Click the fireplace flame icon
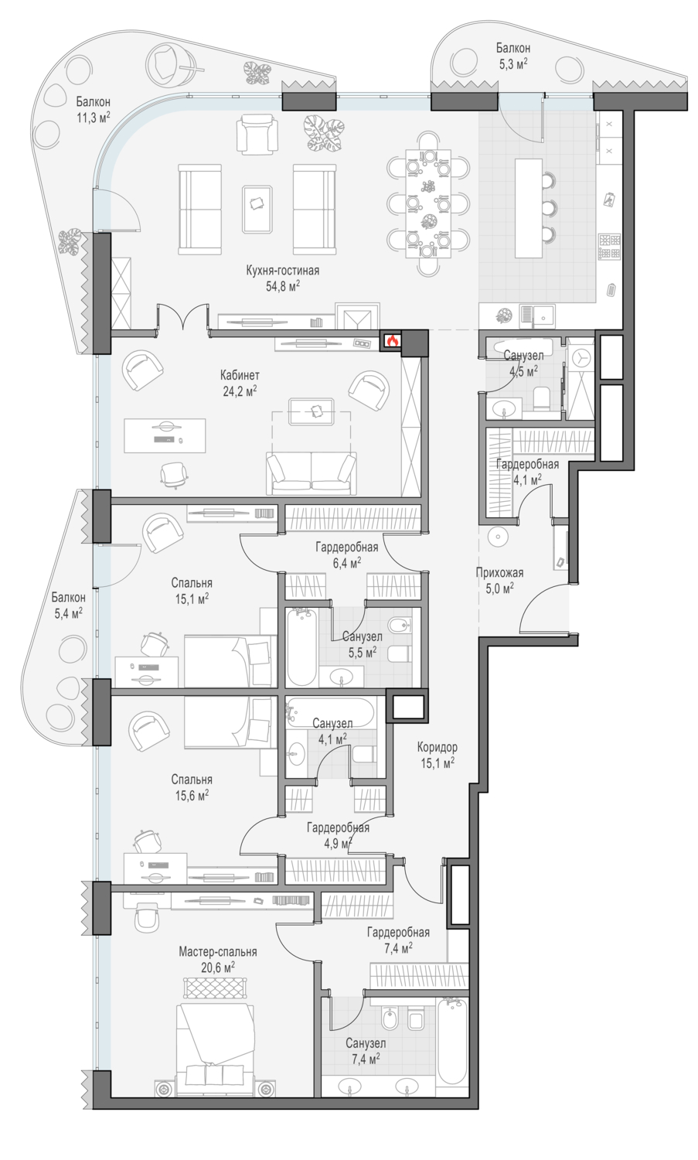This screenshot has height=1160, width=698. pos(392,340)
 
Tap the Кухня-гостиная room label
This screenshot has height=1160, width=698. pos(282,271)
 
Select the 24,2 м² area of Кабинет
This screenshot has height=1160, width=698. pos(240,391)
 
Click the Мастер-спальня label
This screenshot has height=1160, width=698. pos(217,951)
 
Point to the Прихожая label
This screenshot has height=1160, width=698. pos(499,573)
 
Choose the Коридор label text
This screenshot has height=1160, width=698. pos(437,747)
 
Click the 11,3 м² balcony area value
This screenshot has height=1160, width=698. pos(94,118)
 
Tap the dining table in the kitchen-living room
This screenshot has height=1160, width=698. pos(429,201)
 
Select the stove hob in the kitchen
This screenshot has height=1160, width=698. pos(609,247)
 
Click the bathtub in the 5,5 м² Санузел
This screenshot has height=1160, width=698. pos(301,647)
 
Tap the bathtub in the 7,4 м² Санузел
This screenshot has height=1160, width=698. pos(452,1040)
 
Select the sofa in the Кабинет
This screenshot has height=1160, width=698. pos(311,473)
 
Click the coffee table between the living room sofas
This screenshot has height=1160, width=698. pos(258,210)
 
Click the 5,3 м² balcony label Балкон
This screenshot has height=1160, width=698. pos(512,48)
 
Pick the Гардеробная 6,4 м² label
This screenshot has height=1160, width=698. pos(346,554)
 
